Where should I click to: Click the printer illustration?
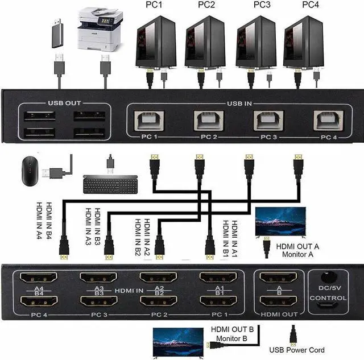[100, 29]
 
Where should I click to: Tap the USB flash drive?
[57, 34]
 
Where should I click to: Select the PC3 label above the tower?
[262, 5]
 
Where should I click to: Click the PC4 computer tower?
[304, 42]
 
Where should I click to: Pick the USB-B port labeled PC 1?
[149, 121]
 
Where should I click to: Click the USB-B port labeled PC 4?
[328, 121]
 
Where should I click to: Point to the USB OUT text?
[64, 103]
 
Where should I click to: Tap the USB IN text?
[239, 104]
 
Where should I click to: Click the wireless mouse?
[30, 171]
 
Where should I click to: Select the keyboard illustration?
[110, 184]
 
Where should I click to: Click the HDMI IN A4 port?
[39, 277]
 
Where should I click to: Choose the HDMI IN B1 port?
[218, 301]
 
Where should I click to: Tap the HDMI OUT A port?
[278, 277]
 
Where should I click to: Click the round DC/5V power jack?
[329, 277]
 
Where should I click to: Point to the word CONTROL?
[328, 298]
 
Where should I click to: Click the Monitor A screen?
[280, 222]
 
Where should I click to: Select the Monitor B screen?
[178, 342]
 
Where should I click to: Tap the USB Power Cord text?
[297, 350]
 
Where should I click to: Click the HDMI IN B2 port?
[159, 301]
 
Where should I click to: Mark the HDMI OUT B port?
[278, 301]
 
